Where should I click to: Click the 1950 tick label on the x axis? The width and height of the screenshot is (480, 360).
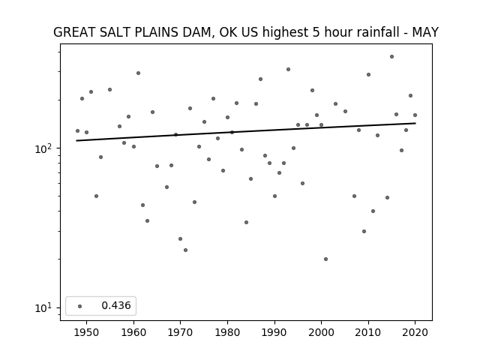coord(87,332)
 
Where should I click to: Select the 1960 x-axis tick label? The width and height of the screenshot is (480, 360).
coord(133,332)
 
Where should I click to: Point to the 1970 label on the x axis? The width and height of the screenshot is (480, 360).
coord(181,332)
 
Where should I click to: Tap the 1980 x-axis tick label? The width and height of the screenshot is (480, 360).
coord(227,332)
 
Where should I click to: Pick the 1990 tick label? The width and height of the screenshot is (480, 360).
coord(274,332)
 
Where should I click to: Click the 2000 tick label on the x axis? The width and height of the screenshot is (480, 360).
coord(322,332)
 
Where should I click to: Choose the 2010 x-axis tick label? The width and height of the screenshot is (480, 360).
coord(368,332)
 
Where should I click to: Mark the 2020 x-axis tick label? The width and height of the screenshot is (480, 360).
coord(415,332)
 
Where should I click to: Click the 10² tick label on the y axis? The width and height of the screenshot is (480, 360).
coord(45,148)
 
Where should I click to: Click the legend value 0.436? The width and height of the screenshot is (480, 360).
coord(116,305)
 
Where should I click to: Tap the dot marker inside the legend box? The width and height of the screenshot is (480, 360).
coord(80,306)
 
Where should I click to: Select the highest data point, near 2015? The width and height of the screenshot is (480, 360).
coord(391,57)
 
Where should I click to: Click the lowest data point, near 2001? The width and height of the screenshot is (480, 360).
coord(325,259)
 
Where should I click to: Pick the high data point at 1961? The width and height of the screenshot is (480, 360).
coord(138,73)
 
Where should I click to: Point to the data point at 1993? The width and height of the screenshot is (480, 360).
coord(288,70)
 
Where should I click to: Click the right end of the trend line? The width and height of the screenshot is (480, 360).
coord(415,123)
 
